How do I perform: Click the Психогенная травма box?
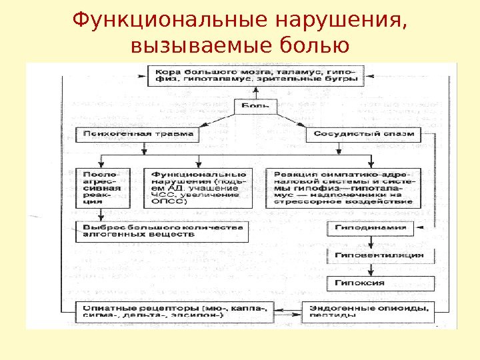(x=139, y=133)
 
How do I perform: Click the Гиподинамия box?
(x=375, y=227)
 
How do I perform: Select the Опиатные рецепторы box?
(x=173, y=312)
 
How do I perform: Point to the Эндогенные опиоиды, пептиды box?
(x=368, y=312)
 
